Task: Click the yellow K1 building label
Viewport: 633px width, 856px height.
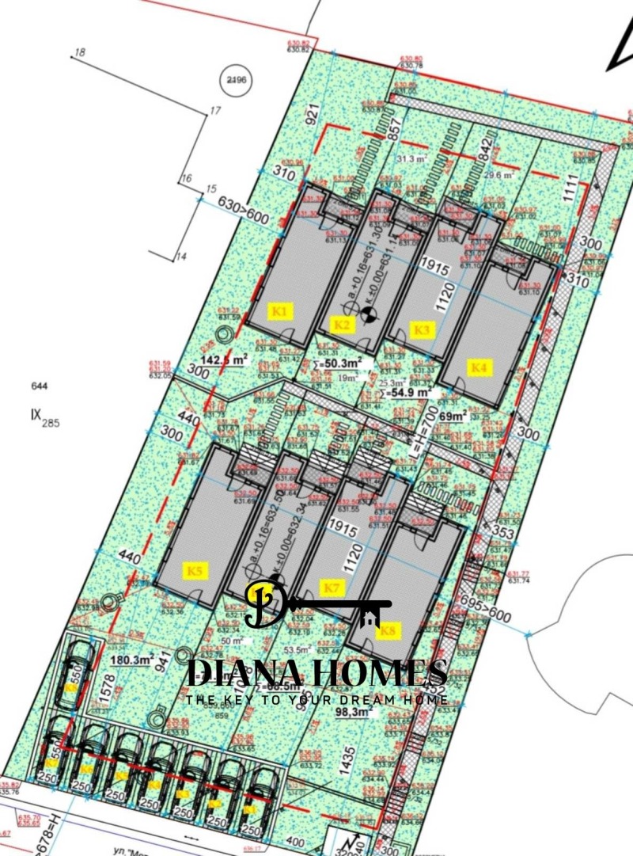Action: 282,311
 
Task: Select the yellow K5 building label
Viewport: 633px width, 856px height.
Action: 195,570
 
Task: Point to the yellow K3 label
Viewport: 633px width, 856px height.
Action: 422,329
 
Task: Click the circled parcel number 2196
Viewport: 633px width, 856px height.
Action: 236,81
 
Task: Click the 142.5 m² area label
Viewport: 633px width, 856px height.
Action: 224,359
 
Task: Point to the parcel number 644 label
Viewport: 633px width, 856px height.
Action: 40,386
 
